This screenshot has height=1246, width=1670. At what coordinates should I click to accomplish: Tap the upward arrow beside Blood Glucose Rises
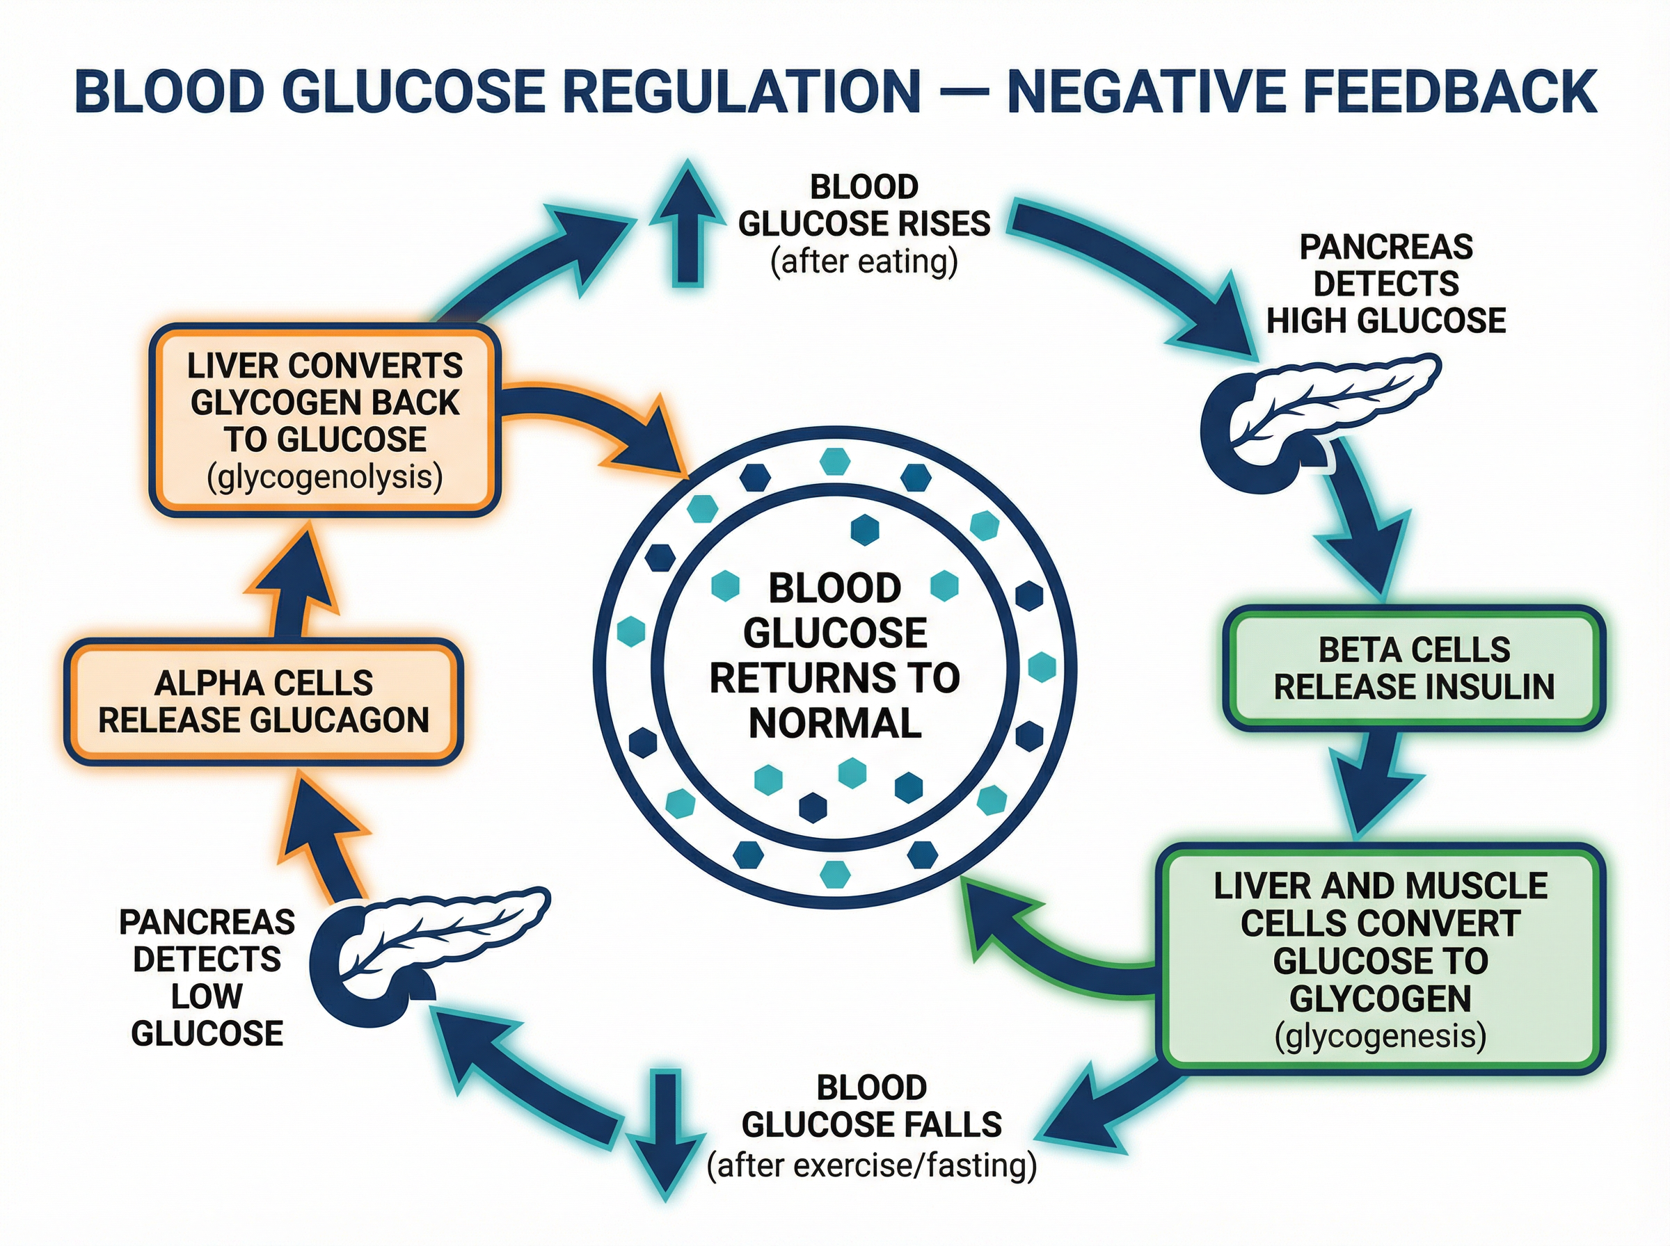pyautogui.click(x=687, y=226)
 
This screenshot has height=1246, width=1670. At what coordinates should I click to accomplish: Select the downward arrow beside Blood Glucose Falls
pyautogui.click(x=666, y=1131)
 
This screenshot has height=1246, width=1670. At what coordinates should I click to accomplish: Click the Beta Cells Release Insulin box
pyautogui.click(x=1413, y=668)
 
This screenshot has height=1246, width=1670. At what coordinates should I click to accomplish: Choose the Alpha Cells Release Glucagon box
pyautogui.click(x=263, y=702)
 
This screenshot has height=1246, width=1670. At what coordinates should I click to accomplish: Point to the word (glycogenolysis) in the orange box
pyautogui.click(x=324, y=478)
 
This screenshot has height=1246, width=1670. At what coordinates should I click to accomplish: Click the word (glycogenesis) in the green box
pyautogui.click(x=1381, y=1035)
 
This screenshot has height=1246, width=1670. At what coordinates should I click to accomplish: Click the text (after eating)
pyautogui.click(x=864, y=261)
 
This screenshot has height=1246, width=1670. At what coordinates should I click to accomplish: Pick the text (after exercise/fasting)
pyautogui.click(x=872, y=1165)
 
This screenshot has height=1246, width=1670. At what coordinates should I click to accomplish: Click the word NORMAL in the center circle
pyautogui.click(x=834, y=723)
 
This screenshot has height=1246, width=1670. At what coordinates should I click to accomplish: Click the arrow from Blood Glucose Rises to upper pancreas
pyautogui.click(x=1132, y=264)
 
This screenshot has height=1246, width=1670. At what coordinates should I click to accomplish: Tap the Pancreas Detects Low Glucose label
pyautogui.click(x=207, y=978)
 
